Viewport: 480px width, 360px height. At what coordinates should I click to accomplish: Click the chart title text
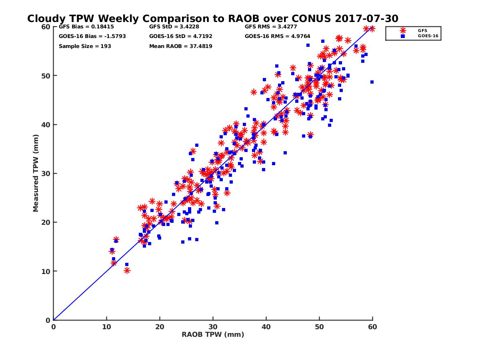click(x=212, y=18)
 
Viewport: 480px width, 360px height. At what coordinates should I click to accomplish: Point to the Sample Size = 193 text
click(x=85, y=46)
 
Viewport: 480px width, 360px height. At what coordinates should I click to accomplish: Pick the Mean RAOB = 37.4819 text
click(x=180, y=46)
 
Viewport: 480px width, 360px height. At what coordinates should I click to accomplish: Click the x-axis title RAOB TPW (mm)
click(x=213, y=334)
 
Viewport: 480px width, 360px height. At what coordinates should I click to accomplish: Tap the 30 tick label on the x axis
click(x=213, y=327)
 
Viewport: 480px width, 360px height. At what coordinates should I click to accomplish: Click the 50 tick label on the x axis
click(x=319, y=327)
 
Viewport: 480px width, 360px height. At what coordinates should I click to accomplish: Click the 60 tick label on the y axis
click(x=46, y=27)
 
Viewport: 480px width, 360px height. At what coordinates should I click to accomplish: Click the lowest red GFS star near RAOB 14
click(x=127, y=270)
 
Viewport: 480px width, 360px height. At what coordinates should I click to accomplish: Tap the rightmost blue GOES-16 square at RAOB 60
click(x=372, y=82)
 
